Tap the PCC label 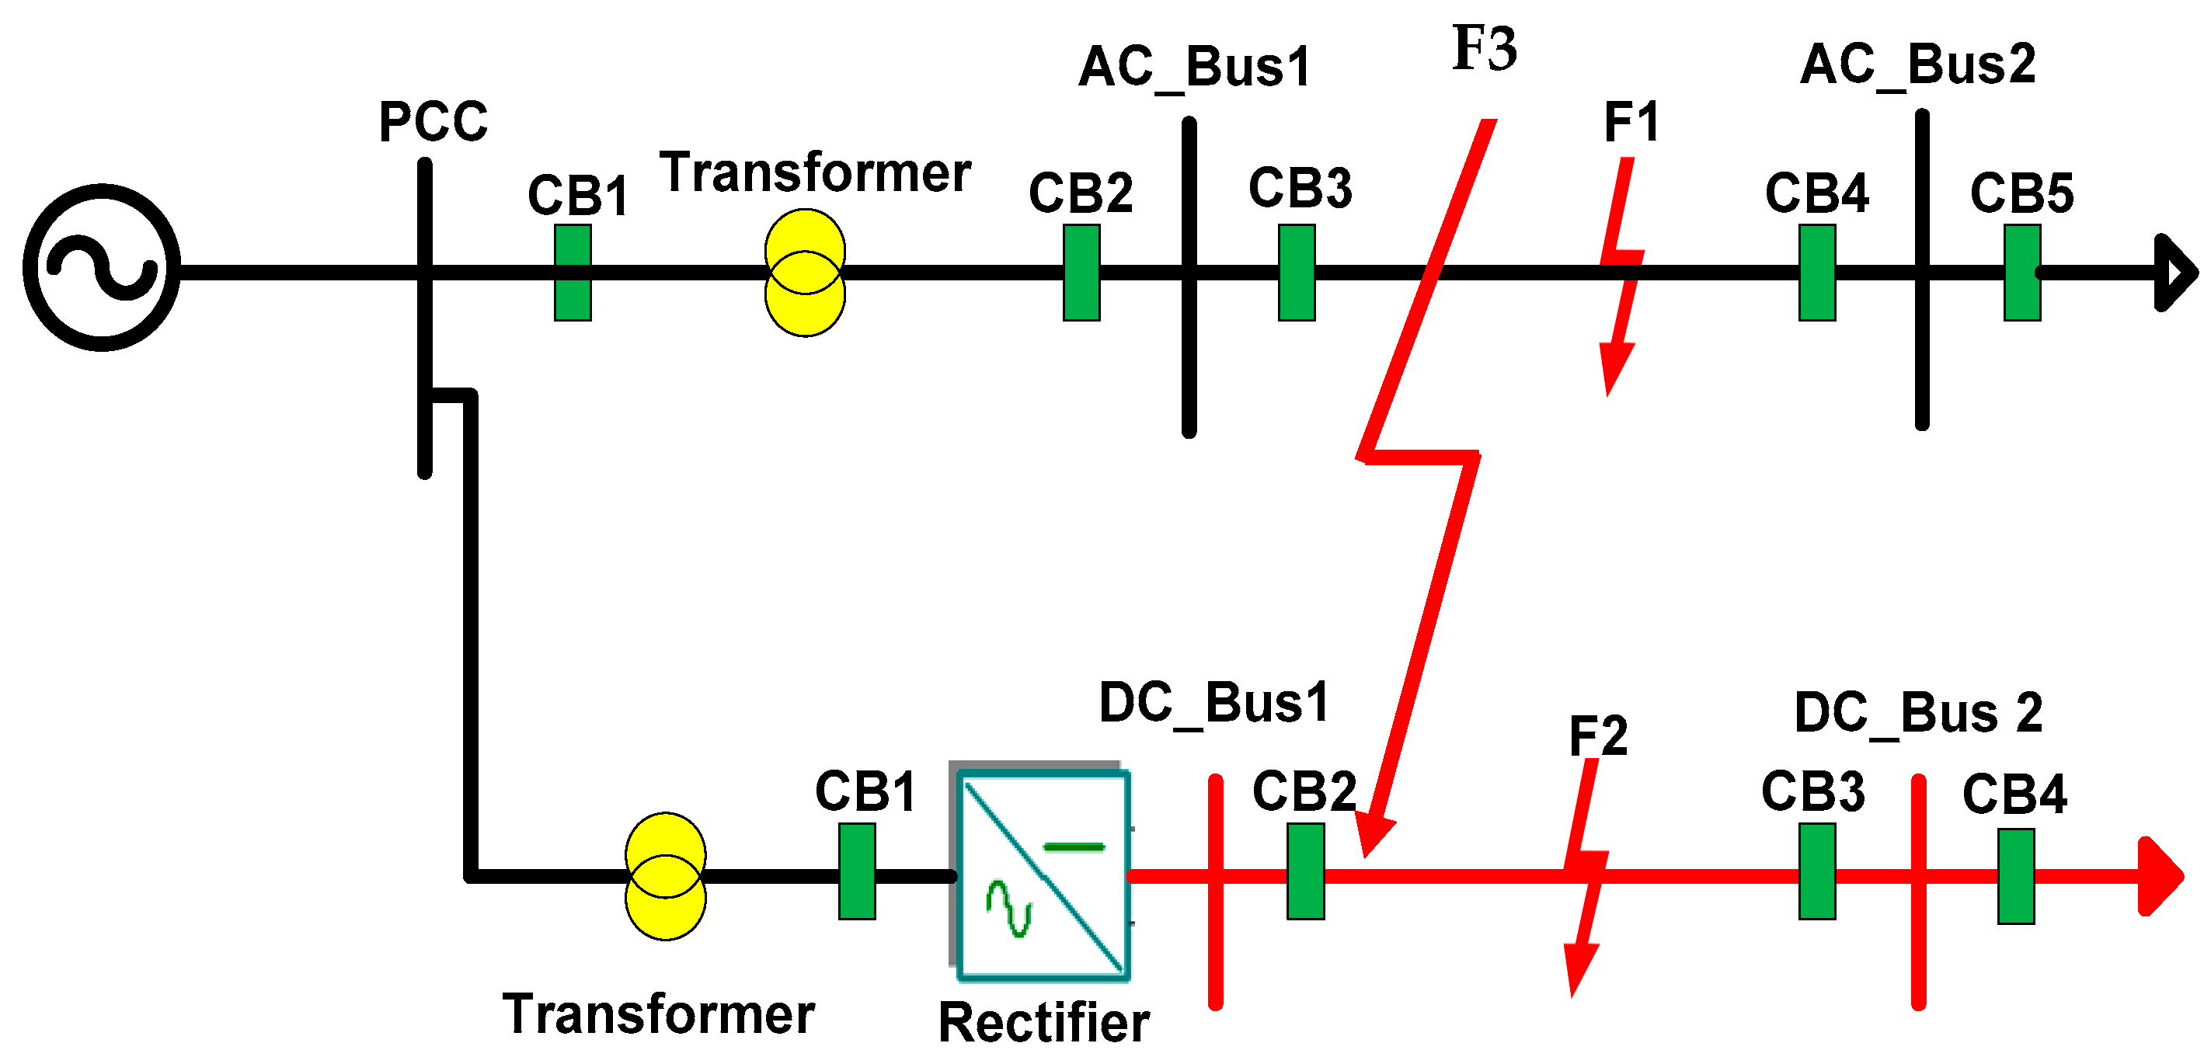(x=433, y=122)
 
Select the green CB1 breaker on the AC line (x=573, y=273)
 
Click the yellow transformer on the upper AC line (x=805, y=273)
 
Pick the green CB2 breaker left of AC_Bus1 (x=1081, y=273)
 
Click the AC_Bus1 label (x=1195, y=68)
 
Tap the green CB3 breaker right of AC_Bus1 (x=1297, y=273)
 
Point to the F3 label (x=1485, y=48)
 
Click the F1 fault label (x=1631, y=122)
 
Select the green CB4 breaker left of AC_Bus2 (x=1817, y=273)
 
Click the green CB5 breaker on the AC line (x=2022, y=273)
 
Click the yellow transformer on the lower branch (x=666, y=876)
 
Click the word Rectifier (x=1043, y=1023)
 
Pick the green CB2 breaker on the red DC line (x=1305, y=872)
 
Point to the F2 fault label (x=1598, y=736)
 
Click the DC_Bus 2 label (x=1918, y=714)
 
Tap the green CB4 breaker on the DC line (x=2016, y=876)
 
